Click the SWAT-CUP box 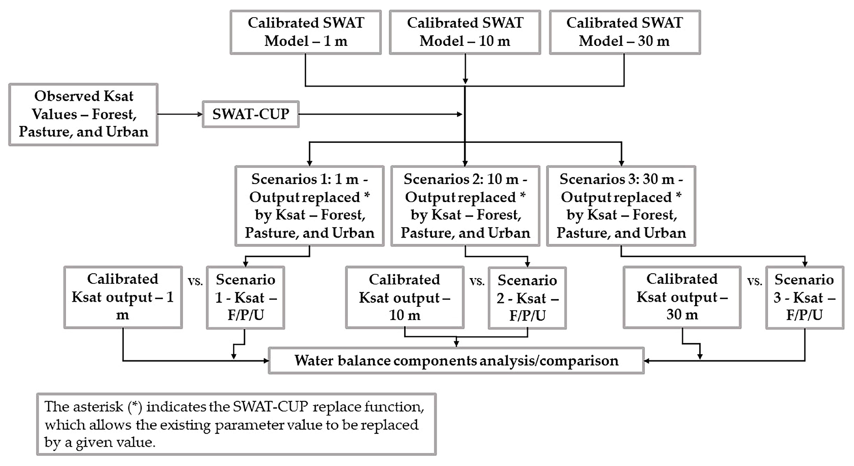click(251, 114)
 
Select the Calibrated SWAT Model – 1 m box click(306, 32)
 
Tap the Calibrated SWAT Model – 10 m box click(465, 32)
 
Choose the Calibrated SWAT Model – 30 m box click(624, 32)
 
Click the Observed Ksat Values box click(83, 114)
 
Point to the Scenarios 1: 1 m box click(309, 206)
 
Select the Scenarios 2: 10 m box click(465, 206)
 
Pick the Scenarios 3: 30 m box click(621, 206)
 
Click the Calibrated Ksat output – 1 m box click(123, 297)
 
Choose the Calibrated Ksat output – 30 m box click(682, 297)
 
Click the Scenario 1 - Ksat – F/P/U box click(245, 298)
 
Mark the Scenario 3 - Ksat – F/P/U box click(805, 298)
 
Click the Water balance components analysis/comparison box click(456, 360)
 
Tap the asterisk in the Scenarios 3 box click(678, 195)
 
